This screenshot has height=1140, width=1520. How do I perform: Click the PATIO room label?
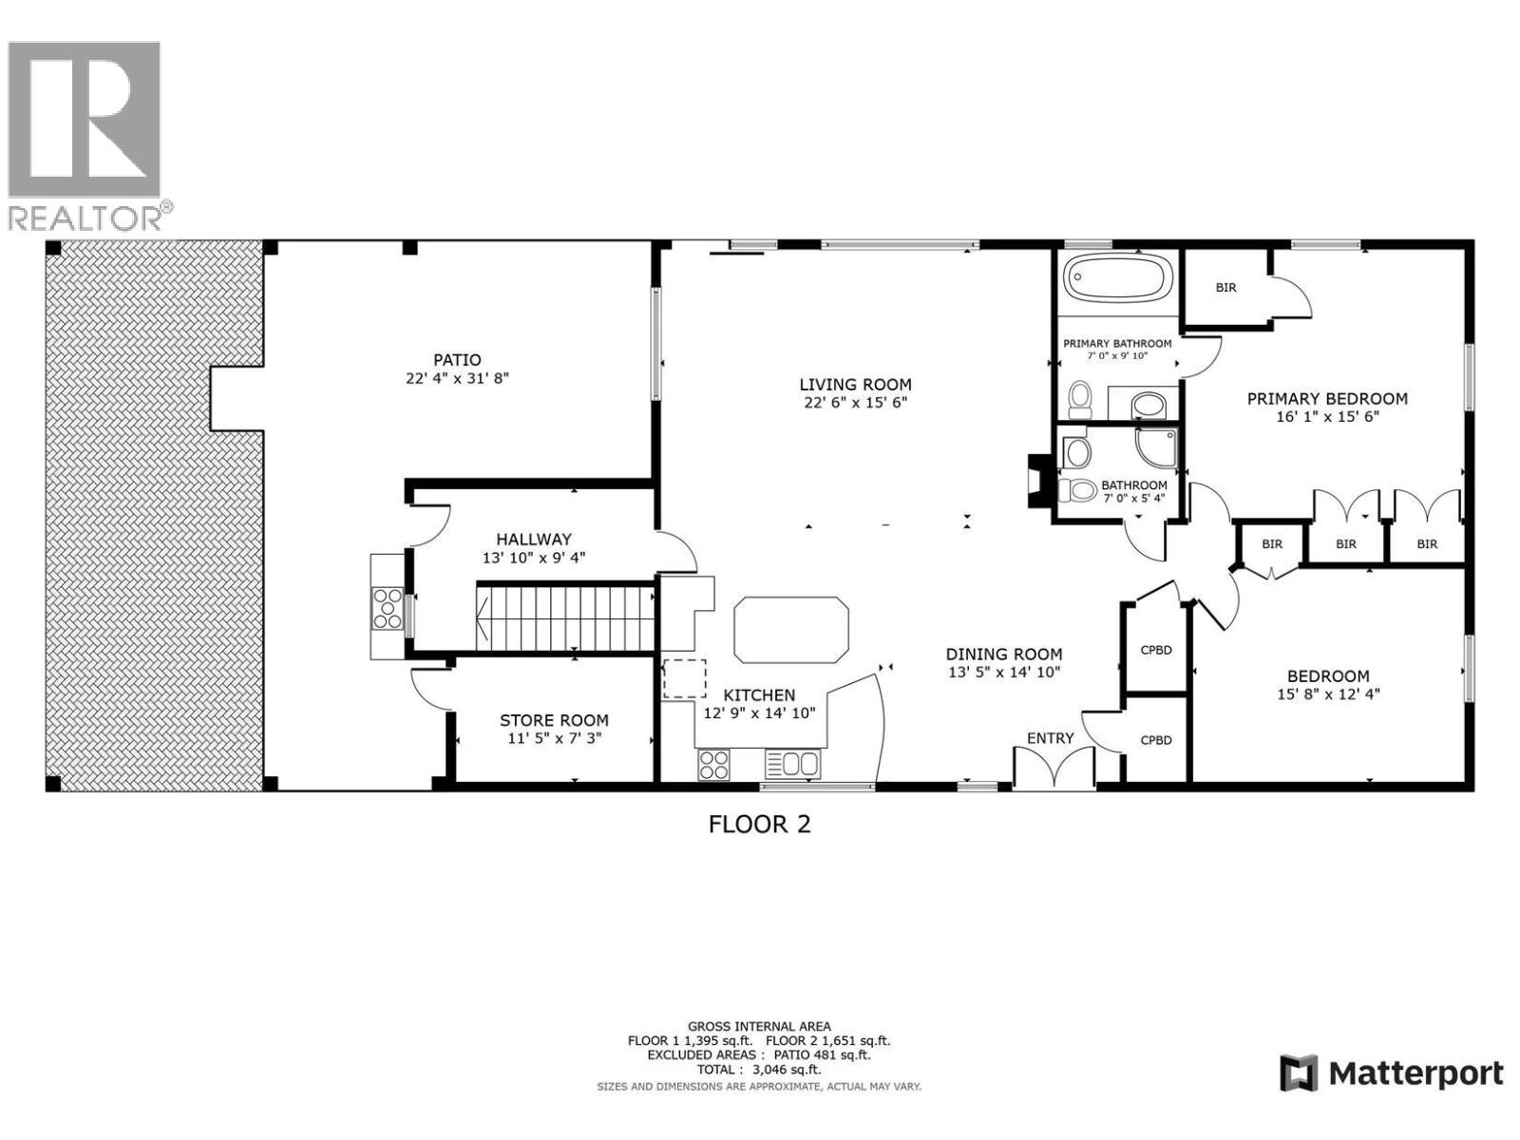tap(457, 360)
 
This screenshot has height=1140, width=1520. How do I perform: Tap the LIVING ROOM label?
tap(855, 385)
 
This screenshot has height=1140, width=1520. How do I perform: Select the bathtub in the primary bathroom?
tap(1117, 279)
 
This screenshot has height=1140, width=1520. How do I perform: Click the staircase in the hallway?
tap(566, 617)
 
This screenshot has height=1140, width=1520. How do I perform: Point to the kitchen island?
tap(790, 629)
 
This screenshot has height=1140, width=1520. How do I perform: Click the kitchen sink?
tap(791, 764)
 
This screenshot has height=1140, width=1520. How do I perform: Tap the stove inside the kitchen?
tap(714, 764)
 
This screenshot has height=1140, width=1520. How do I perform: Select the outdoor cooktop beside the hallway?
tap(387, 608)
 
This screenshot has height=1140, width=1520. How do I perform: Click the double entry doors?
tap(1054, 768)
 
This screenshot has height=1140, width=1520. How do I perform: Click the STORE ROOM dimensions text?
tap(554, 738)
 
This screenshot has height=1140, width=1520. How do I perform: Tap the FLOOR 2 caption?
tap(760, 824)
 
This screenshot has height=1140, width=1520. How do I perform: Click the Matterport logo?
tap(1391, 1073)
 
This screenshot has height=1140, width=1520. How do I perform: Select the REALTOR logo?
tap(85, 133)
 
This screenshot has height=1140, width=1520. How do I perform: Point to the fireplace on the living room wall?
tap(1037, 481)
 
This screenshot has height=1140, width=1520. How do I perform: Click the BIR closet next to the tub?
tap(1225, 287)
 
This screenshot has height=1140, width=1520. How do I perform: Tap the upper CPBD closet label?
tap(1155, 651)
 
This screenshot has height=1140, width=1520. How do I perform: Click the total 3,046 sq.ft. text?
tap(759, 1069)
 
